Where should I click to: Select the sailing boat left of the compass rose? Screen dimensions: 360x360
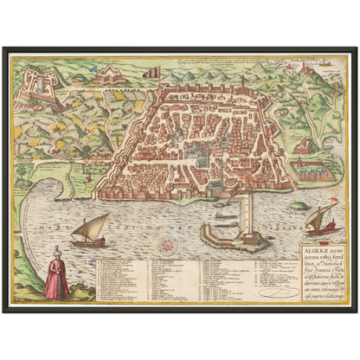[x=90, y=232]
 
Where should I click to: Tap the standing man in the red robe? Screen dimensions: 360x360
[x=56, y=276]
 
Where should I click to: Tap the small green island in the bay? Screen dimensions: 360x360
[x=299, y=206]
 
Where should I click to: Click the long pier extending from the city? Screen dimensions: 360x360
[x=247, y=208]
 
